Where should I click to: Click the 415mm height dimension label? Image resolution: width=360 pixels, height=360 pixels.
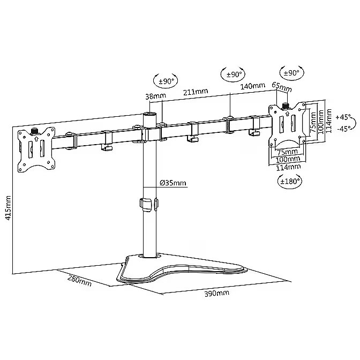8,208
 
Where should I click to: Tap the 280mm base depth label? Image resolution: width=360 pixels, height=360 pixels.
79,281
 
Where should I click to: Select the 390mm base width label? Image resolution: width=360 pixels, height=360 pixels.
217,293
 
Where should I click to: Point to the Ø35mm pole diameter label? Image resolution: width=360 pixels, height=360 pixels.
173,183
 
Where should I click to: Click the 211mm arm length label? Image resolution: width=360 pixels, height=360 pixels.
196,92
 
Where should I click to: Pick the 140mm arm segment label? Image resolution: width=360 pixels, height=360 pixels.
252,86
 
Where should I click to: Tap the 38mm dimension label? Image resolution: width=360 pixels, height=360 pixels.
156,96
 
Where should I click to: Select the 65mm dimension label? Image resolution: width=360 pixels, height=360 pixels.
282,86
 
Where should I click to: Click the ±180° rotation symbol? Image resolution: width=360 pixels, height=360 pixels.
290,182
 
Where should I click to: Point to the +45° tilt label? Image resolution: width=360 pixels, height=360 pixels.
343,117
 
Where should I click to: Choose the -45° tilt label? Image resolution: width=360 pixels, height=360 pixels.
344,129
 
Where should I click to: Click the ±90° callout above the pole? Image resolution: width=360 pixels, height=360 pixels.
166,81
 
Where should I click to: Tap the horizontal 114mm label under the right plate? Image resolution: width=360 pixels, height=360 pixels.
288,167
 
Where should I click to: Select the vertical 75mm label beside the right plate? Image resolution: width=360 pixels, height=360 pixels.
313,122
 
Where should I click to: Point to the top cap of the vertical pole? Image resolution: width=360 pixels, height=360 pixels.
149,114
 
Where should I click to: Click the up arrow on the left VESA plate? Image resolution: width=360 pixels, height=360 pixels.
36,139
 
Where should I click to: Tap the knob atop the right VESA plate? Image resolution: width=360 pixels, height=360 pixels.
286,106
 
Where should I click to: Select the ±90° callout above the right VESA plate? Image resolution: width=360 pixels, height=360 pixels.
291,73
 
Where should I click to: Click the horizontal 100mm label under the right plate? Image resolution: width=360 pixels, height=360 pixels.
288,159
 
